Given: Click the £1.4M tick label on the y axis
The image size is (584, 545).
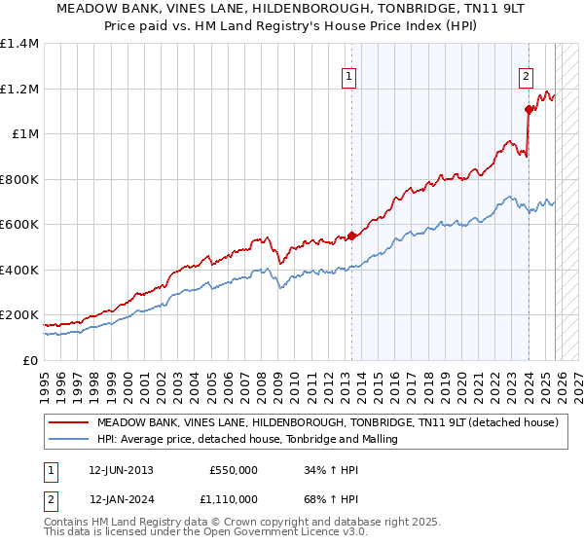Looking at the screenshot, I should tap(19, 44).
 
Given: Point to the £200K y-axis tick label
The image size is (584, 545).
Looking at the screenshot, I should tap(19, 315).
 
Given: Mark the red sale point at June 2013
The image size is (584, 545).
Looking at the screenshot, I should tap(351, 236).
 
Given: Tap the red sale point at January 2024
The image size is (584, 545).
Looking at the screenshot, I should tap(528, 109).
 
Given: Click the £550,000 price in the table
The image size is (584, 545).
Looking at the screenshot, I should tap(234, 470).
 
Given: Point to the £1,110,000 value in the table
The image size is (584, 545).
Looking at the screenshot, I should tap(229, 499).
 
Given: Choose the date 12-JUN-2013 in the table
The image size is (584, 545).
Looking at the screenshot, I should tap(121, 470).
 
